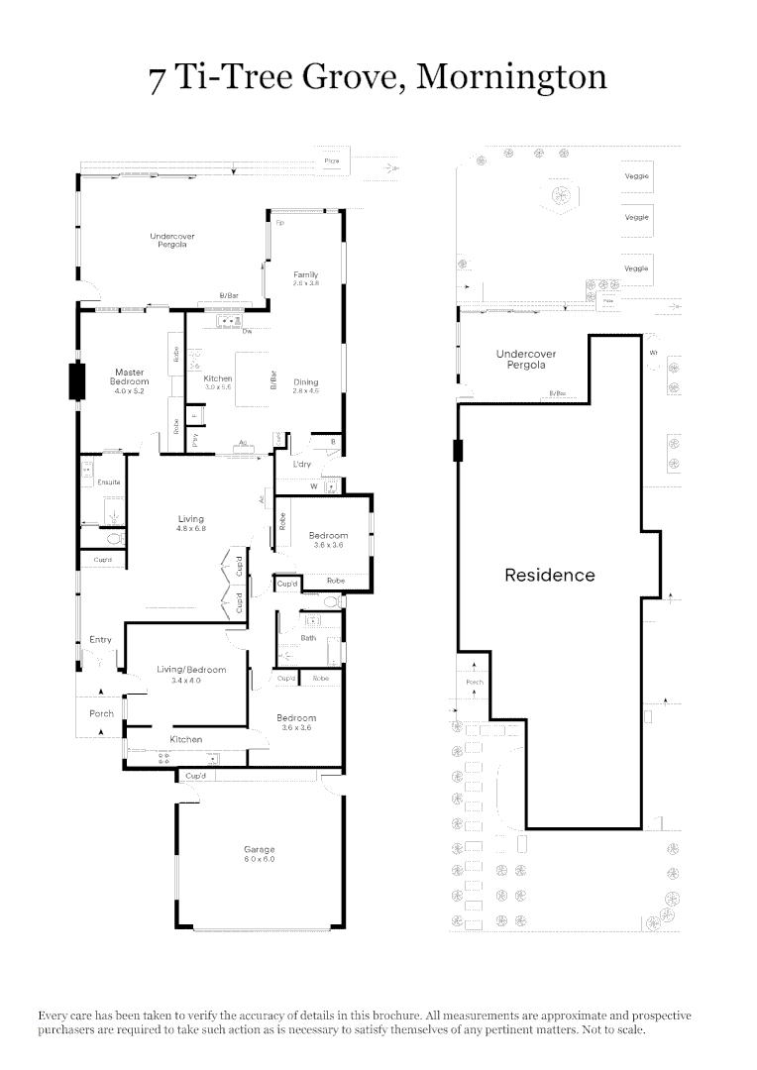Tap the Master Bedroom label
130,376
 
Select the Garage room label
260,849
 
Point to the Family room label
305,274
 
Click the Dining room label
305,381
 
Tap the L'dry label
303,464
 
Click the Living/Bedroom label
191,670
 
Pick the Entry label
100,640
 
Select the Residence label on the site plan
550,575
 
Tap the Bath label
309,638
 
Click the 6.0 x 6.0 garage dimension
260,859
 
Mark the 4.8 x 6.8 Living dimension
191,529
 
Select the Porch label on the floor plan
101,713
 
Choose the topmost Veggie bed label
636,176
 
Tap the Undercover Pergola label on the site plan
526,359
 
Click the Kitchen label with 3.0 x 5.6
218,378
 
